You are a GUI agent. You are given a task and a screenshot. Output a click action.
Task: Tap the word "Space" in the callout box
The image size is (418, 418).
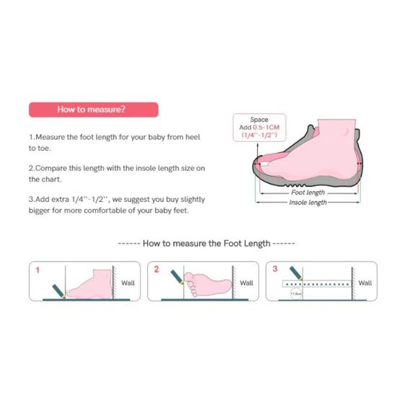(x=259, y=120)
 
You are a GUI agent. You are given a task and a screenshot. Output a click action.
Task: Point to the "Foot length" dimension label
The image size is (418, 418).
(x=308, y=192)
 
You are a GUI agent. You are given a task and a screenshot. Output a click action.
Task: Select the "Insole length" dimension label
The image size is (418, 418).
(x=308, y=203)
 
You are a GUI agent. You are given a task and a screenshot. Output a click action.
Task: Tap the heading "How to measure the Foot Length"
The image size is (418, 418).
(x=206, y=244)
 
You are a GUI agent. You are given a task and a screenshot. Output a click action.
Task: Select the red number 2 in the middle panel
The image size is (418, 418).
(x=156, y=270)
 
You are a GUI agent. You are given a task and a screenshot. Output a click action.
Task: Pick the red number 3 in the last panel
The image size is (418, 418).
(x=275, y=270)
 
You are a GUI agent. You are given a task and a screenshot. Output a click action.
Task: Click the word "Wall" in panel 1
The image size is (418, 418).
(x=128, y=283)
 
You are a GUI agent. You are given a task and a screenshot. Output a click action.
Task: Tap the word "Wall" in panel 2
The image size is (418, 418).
(x=246, y=283)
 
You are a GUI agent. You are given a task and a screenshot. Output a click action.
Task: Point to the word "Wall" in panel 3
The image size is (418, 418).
(x=365, y=283)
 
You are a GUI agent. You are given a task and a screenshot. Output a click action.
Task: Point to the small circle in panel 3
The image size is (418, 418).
(x=295, y=293)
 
